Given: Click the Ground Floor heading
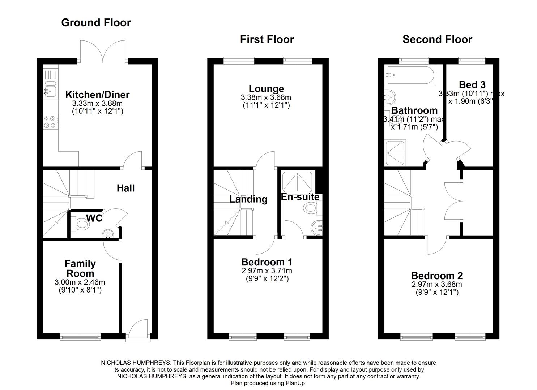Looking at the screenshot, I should (x=96, y=22).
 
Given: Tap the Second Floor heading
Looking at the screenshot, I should (x=437, y=39).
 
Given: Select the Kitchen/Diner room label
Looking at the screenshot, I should (x=97, y=95).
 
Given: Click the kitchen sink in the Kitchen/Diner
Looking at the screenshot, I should (x=50, y=89).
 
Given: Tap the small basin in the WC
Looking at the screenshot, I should (x=108, y=234).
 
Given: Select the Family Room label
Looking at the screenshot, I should (x=80, y=268).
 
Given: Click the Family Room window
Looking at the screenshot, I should (x=80, y=337).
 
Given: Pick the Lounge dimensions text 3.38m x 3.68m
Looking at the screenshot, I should (x=266, y=97).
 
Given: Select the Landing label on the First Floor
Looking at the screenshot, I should (x=248, y=199).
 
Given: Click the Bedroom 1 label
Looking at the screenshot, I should (x=267, y=262).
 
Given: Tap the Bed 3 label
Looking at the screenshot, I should (x=472, y=85).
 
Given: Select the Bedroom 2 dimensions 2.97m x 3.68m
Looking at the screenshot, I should (x=437, y=284).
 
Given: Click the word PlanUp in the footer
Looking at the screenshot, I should (x=296, y=383).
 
